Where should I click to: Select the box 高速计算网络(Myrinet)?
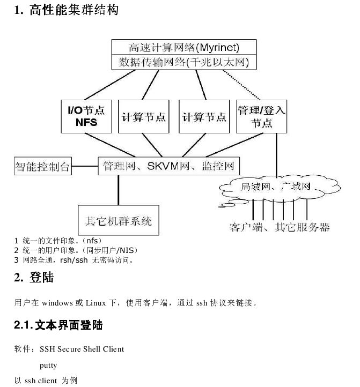[x=184, y=47]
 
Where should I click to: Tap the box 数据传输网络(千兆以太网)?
[x=184, y=62]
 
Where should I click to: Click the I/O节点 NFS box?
[x=86, y=116]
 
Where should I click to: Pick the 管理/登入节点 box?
[x=261, y=116]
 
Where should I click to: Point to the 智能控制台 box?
[x=43, y=166]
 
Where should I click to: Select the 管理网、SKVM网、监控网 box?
[x=169, y=166]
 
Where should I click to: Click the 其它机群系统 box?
[x=119, y=220]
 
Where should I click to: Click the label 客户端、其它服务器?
[x=280, y=227]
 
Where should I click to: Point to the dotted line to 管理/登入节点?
[x=241, y=85]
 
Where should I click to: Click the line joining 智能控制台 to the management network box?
[x=85, y=166]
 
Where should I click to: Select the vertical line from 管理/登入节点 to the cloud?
[x=276, y=155]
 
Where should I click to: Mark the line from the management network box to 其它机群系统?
[x=119, y=190]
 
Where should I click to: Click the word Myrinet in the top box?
[x=218, y=47]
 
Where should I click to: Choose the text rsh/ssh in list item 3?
[x=74, y=260]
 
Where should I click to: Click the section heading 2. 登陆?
[x=34, y=277]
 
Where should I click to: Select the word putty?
[x=48, y=365]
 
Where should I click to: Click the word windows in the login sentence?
[x=57, y=303]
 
